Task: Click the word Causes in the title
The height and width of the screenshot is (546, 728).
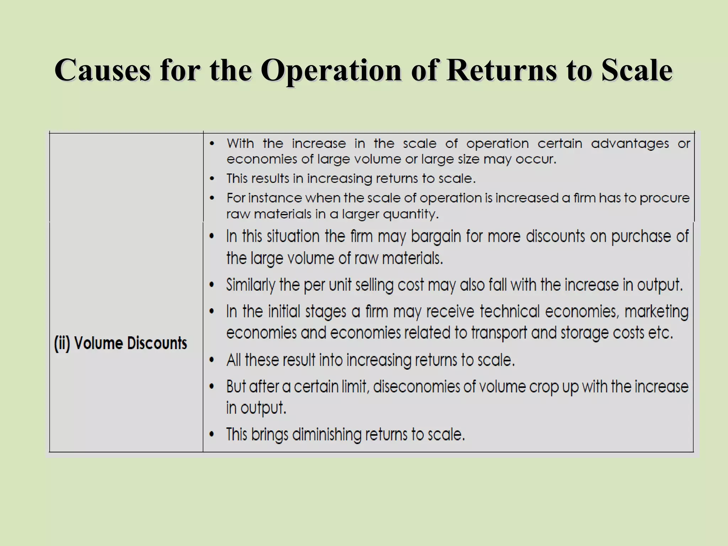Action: tap(102, 70)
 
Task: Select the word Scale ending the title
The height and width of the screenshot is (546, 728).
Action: tap(637, 70)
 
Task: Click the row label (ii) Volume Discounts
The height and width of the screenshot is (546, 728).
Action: tap(121, 343)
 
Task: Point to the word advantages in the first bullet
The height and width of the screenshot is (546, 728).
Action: tap(630, 144)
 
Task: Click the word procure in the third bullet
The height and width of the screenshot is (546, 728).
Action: tap(664, 198)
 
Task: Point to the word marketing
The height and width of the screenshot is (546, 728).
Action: tap(656, 312)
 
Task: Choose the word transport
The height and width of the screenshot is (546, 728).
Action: tap(499, 333)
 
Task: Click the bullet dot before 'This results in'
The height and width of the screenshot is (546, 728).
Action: tap(212, 178)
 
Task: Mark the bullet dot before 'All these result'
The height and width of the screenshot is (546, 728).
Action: tap(212, 360)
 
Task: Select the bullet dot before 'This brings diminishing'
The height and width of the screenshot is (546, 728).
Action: tap(212, 435)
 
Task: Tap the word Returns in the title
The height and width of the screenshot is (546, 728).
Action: tap(501, 70)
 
